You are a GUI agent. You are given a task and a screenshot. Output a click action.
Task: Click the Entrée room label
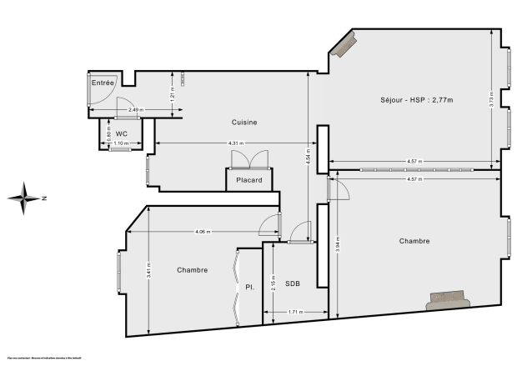[x=103, y=83]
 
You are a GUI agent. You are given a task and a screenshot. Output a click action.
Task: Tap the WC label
[x=122, y=133]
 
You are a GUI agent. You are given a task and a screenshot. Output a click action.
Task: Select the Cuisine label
[x=244, y=123]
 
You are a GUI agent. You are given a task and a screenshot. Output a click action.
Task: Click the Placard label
[x=248, y=180]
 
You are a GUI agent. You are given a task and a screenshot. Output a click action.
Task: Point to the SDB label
[x=292, y=283]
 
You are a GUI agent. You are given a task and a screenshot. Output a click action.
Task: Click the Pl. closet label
[x=248, y=287]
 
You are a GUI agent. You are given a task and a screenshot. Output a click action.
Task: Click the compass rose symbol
[x=26, y=198]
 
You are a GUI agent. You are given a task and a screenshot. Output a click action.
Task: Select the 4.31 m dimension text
[x=237, y=143]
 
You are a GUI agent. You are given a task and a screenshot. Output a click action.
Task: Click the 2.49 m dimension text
[x=135, y=110]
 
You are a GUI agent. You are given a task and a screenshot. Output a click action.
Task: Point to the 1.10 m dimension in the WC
[x=120, y=144]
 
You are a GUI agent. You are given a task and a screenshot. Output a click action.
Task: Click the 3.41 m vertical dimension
[x=147, y=268]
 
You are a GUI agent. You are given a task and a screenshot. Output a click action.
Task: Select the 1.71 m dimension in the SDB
[x=295, y=312]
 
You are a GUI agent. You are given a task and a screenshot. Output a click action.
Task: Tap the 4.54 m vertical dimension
[x=309, y=158]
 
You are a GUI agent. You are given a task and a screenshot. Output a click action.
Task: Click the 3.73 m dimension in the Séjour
[x=491, y=99]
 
